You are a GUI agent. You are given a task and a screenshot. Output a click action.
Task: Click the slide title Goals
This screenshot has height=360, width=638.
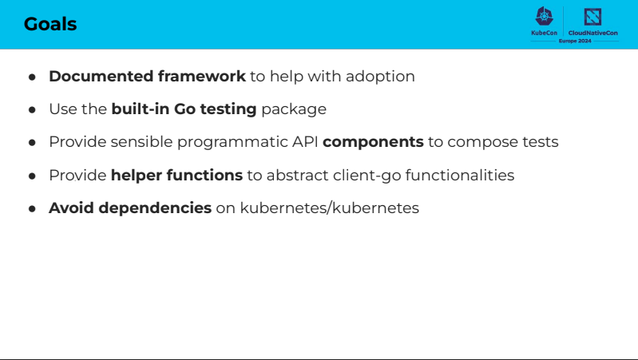[50, 24]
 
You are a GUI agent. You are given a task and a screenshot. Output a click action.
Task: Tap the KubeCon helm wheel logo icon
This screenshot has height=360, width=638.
[544, 16]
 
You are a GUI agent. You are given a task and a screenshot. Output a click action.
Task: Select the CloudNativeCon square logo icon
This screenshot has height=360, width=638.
[592, 17]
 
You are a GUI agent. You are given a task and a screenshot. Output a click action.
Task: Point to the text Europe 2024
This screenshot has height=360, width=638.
[575, 41]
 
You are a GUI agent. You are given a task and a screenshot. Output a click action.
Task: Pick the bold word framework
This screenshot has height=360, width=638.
[202, 76]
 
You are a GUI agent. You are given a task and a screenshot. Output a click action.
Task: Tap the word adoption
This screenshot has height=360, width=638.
[380, 77]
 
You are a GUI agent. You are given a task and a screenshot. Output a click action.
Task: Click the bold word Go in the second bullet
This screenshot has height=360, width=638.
[184, 109]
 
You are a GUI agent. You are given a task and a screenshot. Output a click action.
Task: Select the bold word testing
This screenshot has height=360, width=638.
[228, 109]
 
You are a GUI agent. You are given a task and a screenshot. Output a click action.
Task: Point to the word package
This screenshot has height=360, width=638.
[294, 110]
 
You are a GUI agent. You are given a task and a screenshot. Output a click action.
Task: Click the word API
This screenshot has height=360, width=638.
[305, 142]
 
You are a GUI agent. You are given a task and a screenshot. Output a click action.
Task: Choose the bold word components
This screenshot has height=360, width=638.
[373, 142]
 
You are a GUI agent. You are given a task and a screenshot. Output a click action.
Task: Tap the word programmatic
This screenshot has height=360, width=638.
[232, 142]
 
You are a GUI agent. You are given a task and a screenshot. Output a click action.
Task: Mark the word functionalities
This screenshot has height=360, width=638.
[460, 175]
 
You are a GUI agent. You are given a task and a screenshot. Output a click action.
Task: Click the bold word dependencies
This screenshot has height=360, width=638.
[155, 208]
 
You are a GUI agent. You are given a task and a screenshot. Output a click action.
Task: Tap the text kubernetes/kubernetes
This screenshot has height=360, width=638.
[330, 208]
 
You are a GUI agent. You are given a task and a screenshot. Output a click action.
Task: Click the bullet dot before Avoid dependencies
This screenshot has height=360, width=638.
[32, 208]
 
